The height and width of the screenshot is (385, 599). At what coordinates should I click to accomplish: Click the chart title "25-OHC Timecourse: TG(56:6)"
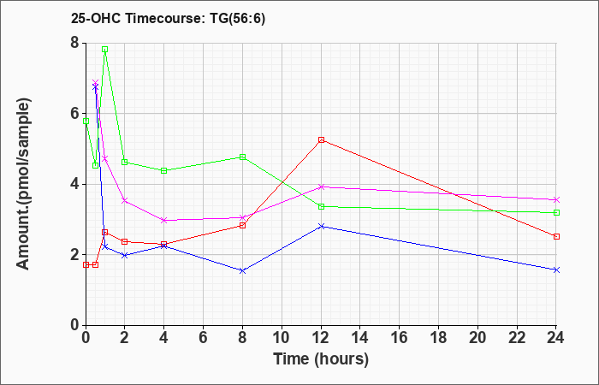point(168,18)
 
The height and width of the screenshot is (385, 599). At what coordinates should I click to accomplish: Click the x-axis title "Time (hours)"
point(321,359)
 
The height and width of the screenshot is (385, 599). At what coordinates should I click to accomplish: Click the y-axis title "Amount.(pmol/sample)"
point(24,184)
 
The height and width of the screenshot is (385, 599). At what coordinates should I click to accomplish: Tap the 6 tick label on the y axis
point(74,114)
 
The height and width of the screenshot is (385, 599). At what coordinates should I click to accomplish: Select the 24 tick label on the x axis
point(556,338)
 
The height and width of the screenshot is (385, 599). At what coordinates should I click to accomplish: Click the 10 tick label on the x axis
point(282,338)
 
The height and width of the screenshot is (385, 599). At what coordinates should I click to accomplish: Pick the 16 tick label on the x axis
point(400,338)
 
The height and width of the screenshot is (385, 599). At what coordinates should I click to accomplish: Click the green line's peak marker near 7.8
point(104,50)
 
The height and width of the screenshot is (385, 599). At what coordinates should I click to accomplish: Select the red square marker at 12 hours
point(321,139)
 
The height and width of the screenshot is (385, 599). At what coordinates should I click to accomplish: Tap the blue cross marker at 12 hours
point(321,226)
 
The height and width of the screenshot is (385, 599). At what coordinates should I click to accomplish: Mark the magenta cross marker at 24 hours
point(556,199)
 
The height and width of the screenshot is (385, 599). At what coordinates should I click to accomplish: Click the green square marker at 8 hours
point(242,157)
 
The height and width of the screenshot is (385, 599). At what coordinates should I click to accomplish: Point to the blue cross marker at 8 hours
point(242,270)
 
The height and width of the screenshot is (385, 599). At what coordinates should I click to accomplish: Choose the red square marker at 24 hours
point(556,236)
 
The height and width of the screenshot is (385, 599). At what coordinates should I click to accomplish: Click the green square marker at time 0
point(86,121)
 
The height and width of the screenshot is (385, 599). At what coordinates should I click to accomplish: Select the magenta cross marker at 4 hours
point(164,221)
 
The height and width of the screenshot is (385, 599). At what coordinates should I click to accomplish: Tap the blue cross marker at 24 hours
point(556,269)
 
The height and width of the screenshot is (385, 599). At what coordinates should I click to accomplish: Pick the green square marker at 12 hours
point(321,207)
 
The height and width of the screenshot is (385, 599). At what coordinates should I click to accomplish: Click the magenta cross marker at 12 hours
point(321,187)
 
